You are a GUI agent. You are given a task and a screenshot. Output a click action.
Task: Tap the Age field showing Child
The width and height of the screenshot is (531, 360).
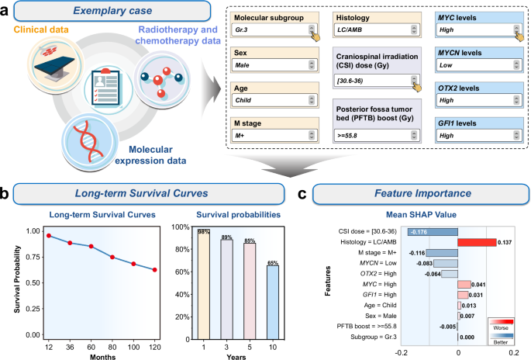[267, 101]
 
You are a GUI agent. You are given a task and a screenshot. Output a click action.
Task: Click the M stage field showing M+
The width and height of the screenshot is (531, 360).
[267, 136]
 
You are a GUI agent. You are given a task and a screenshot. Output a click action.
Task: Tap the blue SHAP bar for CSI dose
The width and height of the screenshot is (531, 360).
[430, 230]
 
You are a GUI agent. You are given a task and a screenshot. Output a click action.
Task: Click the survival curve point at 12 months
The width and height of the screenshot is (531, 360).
[47, 236]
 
